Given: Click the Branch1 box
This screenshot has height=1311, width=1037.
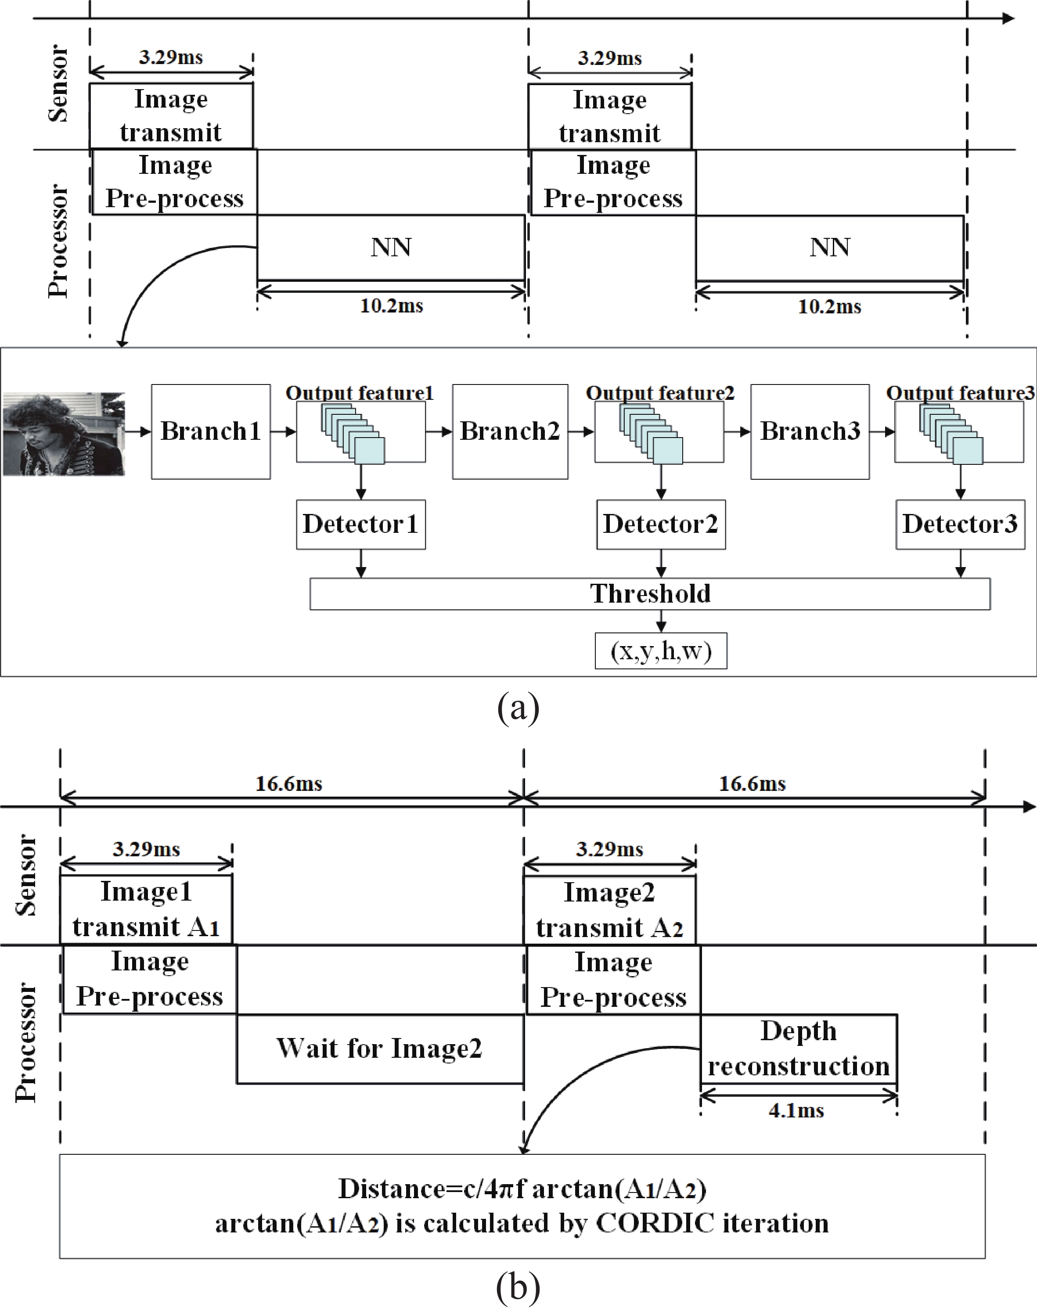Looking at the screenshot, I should pyautogui.click(x=211, y=431).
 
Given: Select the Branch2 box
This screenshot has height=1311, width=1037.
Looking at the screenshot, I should pyautogui.click(x=510, y=431).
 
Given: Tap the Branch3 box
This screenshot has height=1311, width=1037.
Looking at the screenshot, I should pyautogui.click(x=810, y=431).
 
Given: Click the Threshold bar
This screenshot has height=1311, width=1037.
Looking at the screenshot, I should pyautogui.click(x=650, y=593).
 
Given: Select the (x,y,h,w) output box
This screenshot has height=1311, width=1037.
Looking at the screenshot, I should pyautogui.click(x=661, y=650).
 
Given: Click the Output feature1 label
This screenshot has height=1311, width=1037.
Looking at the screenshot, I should pyautogui.click(x=360, y=393).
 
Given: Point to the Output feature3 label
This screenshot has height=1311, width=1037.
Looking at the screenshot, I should pyautogui.click(x=960, y=393).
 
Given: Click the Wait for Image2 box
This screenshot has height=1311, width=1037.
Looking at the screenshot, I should pyautogui.click(x=379, y=1048).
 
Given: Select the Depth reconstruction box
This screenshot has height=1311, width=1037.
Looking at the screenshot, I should pyautogui.click(x=799, y=1048).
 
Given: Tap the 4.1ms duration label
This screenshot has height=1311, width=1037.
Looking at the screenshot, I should pyautogui.click(x=796, y=1111).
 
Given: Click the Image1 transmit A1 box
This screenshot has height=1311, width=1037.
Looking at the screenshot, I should pyautogui.click(x=146, y=909).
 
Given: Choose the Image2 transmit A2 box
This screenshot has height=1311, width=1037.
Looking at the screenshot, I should pyautogui.click(x=609, y=910).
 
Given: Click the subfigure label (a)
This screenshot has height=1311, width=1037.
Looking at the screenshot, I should pyautogui.click(x=518, y=708).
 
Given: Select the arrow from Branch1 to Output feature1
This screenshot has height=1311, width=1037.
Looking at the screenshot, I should pyautogui.click(x=283, y=431).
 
